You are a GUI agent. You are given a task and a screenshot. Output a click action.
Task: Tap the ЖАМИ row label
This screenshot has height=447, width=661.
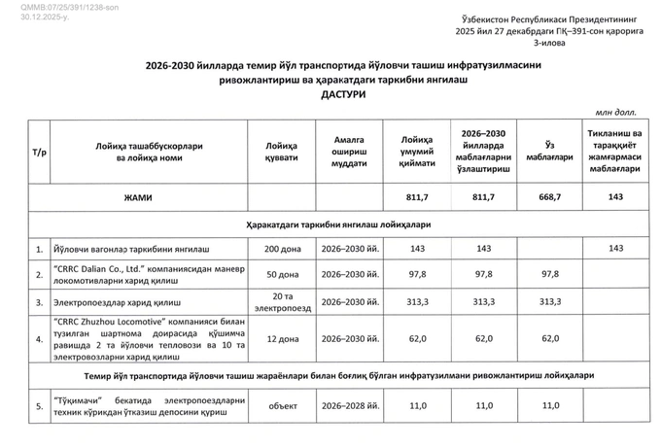[137, 197]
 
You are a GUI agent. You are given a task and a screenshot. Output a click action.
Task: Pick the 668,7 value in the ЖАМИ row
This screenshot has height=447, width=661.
[550, 197]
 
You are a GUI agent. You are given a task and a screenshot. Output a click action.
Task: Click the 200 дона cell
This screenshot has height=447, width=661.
[275, 250]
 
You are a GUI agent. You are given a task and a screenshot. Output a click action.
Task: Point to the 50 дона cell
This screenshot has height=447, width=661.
[275, 275]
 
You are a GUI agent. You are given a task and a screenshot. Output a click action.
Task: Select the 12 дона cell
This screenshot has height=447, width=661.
[275, 337]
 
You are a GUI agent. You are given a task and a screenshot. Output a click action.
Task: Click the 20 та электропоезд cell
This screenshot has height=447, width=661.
[275, 301]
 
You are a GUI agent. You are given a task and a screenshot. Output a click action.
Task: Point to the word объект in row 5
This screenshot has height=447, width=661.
[275, 405]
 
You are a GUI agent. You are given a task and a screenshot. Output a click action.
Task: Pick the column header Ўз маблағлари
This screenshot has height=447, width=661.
[550, 152]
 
